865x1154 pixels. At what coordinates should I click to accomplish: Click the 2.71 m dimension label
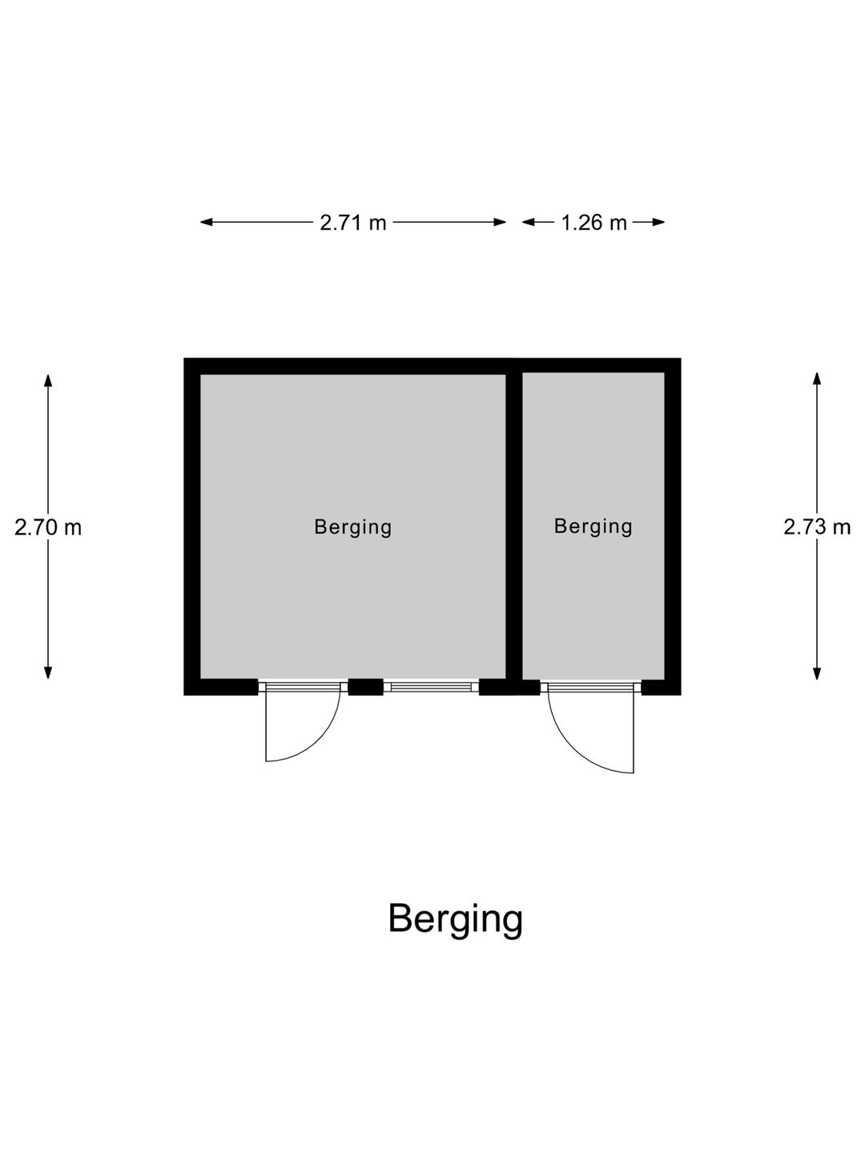tap(352, 223)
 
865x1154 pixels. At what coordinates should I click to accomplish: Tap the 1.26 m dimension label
tap(593, 223)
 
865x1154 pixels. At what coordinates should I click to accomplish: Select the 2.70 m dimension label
tap(48, 527)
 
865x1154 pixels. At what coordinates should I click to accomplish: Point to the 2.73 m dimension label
tap(817, 527)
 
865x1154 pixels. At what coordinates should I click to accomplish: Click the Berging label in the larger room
tap(353, 527)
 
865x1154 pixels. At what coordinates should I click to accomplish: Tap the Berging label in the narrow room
tap(593, 527)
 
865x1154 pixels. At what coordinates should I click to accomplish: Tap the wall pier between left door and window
tap(365, 687)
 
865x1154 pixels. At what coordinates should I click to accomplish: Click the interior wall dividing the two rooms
tap(513, 527)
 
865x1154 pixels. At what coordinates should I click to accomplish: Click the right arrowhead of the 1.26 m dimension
tap(658, 223)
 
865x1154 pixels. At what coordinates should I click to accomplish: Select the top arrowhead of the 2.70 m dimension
tap(48, 381)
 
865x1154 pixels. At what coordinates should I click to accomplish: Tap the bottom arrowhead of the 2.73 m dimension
tap(817, 673)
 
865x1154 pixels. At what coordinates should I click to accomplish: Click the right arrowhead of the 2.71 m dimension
tap(500, 223)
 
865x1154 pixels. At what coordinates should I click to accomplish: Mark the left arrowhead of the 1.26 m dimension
tap(529, 223)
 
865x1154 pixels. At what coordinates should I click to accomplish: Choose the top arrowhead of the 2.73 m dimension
tap(817, 378)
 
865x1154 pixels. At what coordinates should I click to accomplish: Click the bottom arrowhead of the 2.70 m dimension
tap(48, 672)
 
